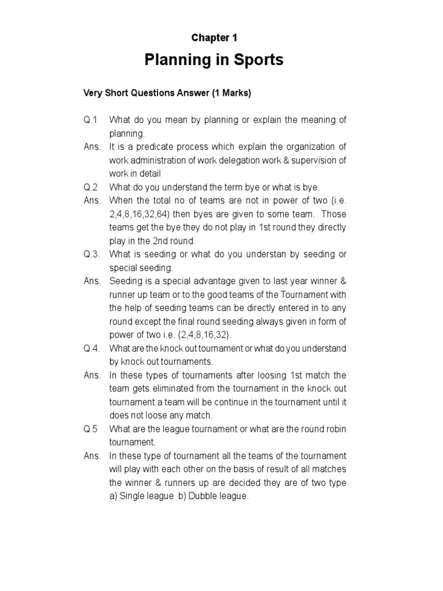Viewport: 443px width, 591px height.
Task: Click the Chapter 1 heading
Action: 214,38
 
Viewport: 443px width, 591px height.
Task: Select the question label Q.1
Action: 91,119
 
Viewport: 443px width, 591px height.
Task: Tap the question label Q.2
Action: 91,187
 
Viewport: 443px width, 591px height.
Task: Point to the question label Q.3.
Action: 92,255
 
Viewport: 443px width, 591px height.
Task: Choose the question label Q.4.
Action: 92,349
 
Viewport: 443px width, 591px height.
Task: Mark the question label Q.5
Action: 91,429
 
